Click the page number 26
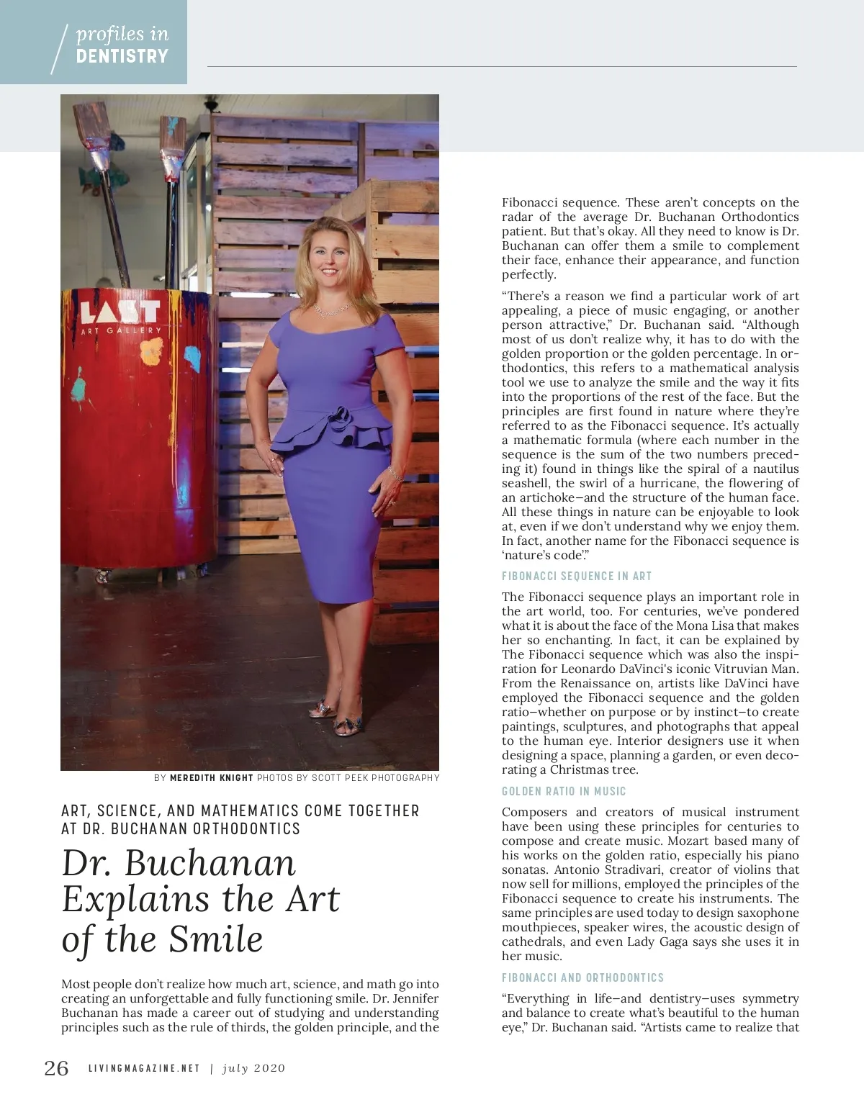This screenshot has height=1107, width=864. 56,1068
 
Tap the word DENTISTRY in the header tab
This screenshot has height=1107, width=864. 122,56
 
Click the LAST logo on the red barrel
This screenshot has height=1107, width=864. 120,312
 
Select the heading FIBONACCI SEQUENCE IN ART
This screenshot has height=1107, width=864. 577,576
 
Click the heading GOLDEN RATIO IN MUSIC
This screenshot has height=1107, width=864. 564,791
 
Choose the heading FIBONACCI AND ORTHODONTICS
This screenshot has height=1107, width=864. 582,977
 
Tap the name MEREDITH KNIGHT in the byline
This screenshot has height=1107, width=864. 212,777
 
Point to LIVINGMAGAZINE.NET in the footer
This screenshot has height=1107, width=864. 144,1068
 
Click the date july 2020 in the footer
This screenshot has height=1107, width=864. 253,1068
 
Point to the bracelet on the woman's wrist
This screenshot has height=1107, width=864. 393,473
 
